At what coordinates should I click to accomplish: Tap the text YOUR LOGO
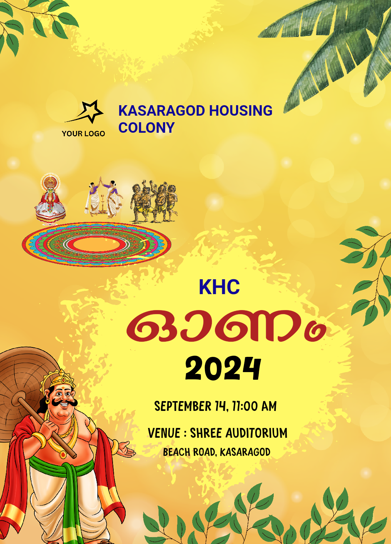[x=83, y=133]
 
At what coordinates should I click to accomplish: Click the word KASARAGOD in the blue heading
[x=161, y=111]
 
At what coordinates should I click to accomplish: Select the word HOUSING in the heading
[x=241, y=111]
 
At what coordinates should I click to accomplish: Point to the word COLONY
[x=146, y=128]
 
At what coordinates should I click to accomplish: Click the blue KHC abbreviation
[x=219, y=287]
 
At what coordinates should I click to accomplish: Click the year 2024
[x=223, y=368]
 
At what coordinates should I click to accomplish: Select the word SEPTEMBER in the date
[x=183, y=406]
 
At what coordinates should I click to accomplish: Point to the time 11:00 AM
[x=254, y=406]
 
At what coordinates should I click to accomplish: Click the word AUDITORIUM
[x=256, y=433]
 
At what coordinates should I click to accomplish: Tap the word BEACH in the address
[x=177, y=452]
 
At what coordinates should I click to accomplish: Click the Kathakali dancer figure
[x=50, y=198]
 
